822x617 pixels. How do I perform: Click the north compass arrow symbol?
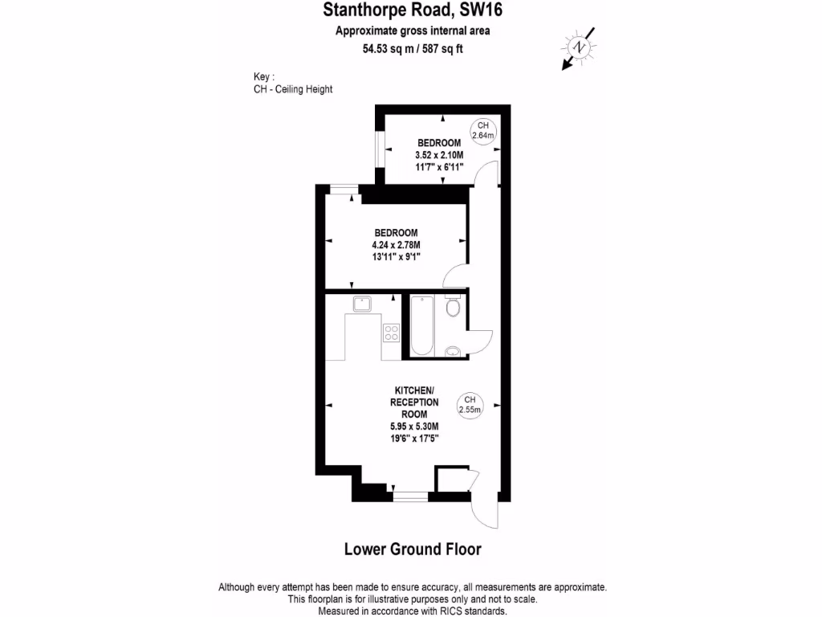pos(578,49)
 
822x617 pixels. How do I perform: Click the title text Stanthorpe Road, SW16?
pos(413,10)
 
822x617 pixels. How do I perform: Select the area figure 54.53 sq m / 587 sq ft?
pos(413,48)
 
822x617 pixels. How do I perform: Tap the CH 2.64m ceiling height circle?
pos(482,131)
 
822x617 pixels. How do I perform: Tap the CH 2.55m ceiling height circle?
pos(470,404)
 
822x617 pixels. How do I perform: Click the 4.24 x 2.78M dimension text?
pos(396,244)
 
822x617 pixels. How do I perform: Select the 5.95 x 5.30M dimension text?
pos(413,427)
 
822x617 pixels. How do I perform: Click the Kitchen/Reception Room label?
pos(413,402)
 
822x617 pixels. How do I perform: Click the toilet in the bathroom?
pos(453,307)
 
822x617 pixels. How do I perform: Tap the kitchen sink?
pos(361,304)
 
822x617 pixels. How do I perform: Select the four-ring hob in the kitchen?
pos(391,332)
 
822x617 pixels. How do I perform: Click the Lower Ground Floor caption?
pos(413,550)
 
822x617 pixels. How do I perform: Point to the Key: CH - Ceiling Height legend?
pos(292,84)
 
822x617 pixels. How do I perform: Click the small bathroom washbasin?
pos(454,350)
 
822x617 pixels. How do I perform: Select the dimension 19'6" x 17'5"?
pos(413,439)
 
